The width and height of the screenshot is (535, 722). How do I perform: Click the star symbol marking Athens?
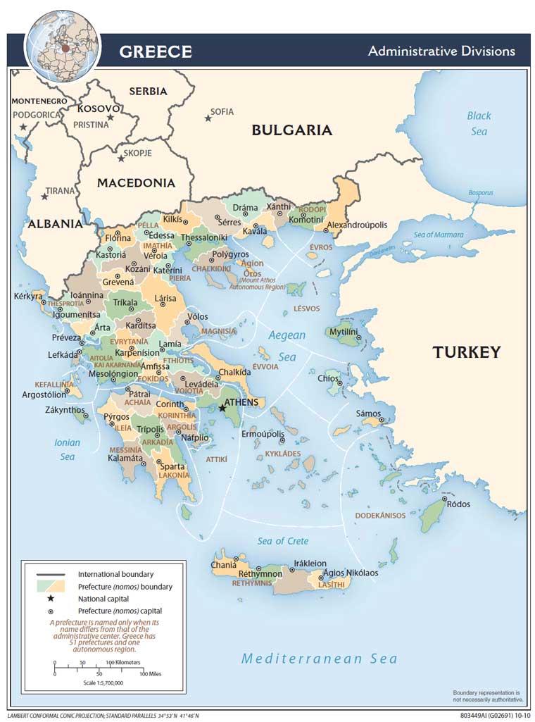click(x=222, y=407)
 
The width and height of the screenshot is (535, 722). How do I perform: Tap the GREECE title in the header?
click(x=155, y=51)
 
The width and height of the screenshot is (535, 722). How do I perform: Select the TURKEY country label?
click(x=466, y=352)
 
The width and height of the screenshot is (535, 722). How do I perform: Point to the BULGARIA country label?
click(x=291, y=130)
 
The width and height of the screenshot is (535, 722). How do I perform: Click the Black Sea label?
click(x=479, y=123)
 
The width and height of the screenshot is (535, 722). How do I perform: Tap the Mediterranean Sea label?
click(x=319, y=659)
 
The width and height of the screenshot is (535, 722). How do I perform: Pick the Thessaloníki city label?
click(x=204, y=238)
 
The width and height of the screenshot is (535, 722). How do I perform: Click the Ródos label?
click(x=458, y=504)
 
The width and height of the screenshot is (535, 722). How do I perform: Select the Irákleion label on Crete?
click(x=310, y=564)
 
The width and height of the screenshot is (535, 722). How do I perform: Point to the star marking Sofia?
click(x=208, y=118)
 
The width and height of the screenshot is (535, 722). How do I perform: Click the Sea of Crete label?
click(x=282, y=541)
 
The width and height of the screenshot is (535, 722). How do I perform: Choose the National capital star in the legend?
click(x=51, y=599)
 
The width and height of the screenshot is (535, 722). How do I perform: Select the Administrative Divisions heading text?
click(x=441, y=51)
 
